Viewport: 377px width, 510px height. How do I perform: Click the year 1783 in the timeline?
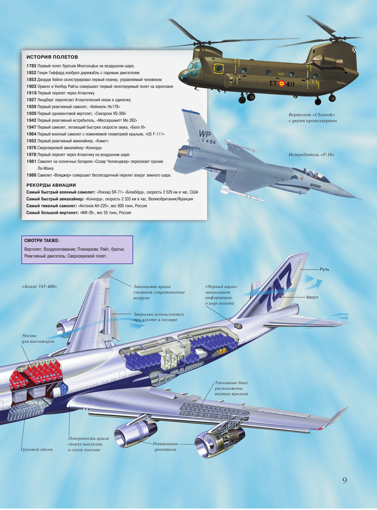[x=31, y=66]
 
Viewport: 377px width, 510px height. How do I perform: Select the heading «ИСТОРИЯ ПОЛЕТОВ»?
[x=52, y=57]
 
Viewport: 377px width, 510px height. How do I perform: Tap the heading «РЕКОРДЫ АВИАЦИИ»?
[x=51, y=185]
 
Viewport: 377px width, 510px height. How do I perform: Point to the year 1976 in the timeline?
[x=31, y=148]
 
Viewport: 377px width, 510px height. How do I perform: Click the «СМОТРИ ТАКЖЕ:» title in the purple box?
[x=42, y=241]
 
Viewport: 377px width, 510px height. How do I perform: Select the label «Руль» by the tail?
[x=324, y=269]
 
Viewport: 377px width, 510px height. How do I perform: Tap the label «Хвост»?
[x=312, y=297]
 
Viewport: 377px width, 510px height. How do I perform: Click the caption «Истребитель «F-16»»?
[x=311, y=155]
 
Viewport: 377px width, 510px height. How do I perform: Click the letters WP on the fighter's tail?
[x=205, y=134]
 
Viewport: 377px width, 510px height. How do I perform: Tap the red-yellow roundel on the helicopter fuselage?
[x=281, y=84]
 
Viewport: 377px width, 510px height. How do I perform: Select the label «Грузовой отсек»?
[x=37, y=450]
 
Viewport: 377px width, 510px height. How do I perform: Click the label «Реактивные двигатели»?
[x=165, y=447]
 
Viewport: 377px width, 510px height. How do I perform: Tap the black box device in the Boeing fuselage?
[x=238, y=326]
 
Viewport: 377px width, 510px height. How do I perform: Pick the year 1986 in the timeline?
[x=31, y=175]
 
